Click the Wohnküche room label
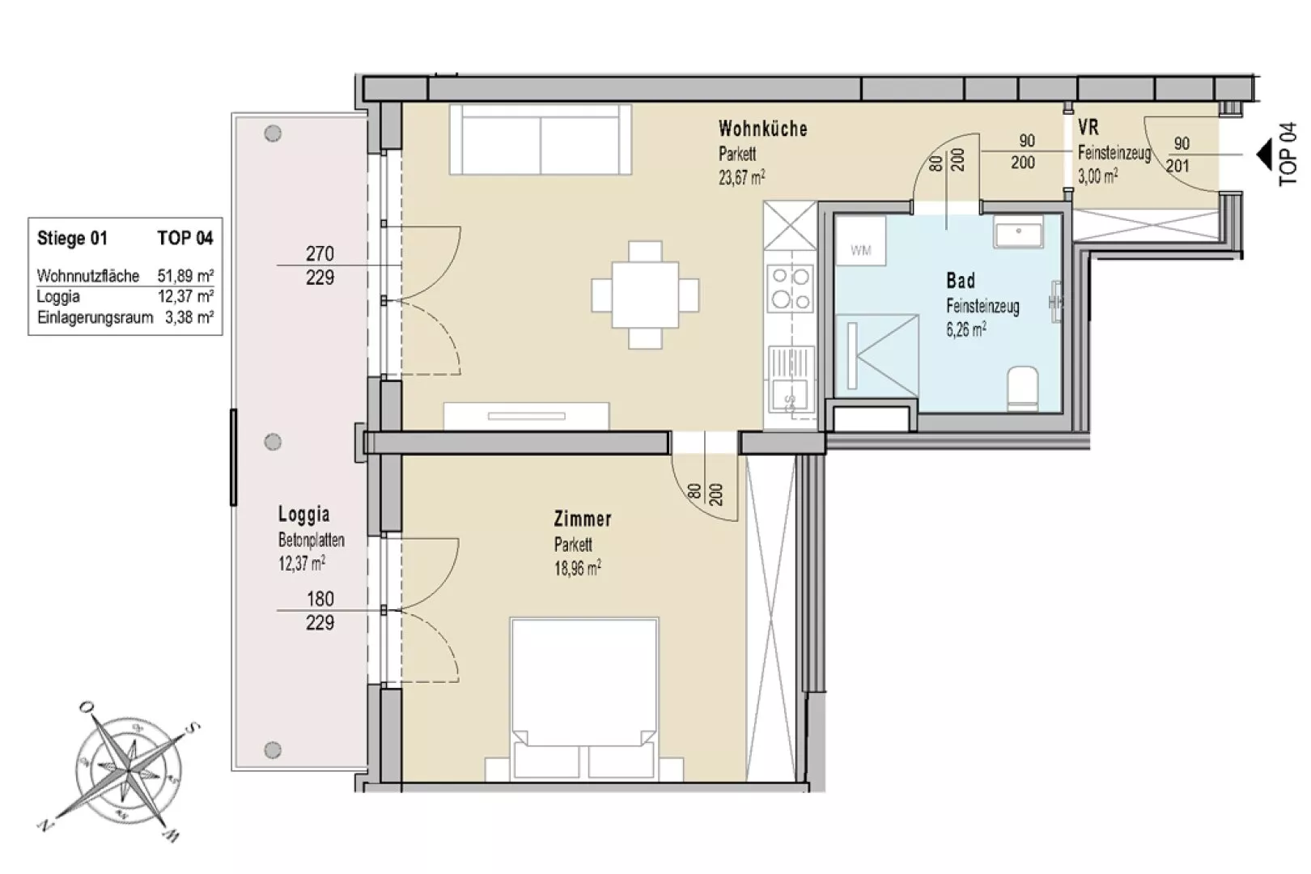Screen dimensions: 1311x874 coord(762,129)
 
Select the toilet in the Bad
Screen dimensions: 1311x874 coord(1023,388)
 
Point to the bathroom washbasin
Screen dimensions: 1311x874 coord(1018,231)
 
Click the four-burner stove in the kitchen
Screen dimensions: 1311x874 coord(791,288)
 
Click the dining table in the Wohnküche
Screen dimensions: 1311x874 coord(645,295)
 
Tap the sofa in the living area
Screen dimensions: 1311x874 coord(541,139)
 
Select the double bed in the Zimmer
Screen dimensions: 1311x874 coord(584,699)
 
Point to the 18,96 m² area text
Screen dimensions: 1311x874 coord(578,568)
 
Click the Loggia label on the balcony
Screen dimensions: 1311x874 coord(303,515)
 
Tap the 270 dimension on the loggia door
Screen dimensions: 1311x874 coord(320,253)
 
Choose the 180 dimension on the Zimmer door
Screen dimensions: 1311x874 coord(320,599)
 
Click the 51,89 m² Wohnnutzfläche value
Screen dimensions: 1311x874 coord(185,276)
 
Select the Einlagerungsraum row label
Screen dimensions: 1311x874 coord(95,318)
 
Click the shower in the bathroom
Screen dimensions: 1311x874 coord(876,356)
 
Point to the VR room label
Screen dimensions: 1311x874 coord(1088,127)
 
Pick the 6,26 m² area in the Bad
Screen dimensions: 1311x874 coord(966,329)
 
